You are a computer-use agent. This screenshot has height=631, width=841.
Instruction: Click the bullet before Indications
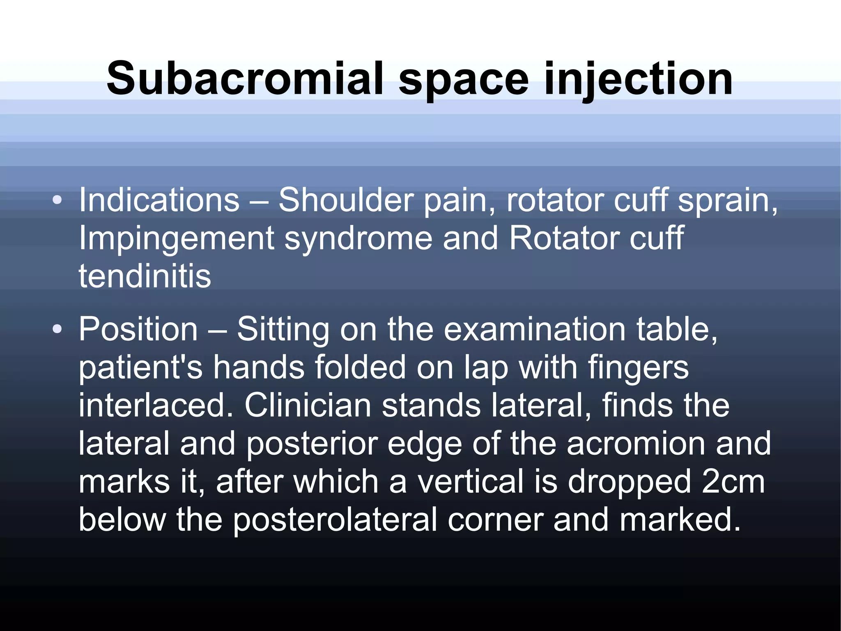pyautogui.click(x=57, y=201)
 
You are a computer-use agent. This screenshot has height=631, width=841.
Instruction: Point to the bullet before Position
pyautogui.click(x=57, y=330)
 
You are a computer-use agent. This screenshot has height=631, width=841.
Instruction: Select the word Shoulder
pyautogui.click(x=345, y=200)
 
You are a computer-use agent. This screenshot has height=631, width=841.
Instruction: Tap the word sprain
pyautogui.click(x=727, y=200)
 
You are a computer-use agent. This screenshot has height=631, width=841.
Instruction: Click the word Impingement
pyautogui.click(x=177, y=238)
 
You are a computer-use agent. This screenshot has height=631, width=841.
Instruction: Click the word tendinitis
pyautogui.click(x=145, y=276)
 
